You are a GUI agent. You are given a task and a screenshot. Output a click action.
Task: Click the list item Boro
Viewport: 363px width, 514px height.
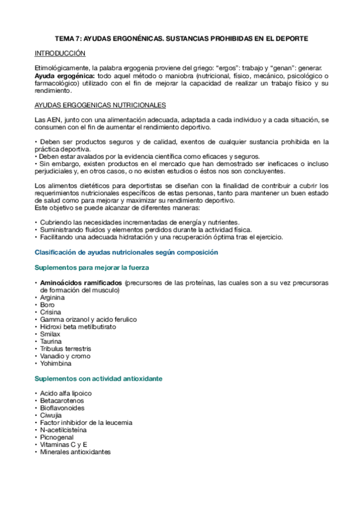coord(47,305)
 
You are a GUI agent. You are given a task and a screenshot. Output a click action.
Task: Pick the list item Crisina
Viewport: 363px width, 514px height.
coord(50,312)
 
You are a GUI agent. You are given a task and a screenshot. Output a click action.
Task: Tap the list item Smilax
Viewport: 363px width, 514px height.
coord(50,335)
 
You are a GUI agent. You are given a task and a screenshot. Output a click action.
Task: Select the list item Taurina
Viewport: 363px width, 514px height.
coord(51,342)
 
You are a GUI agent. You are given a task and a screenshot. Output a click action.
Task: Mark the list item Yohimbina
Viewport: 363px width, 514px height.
coord(55,364)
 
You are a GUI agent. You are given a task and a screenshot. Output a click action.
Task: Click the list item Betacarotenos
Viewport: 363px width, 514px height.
coord(62,401)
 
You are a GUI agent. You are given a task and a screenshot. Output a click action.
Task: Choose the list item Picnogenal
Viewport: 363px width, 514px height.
coord(56,438)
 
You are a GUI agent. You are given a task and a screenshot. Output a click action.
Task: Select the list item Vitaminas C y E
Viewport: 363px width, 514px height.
coord(63,446)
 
